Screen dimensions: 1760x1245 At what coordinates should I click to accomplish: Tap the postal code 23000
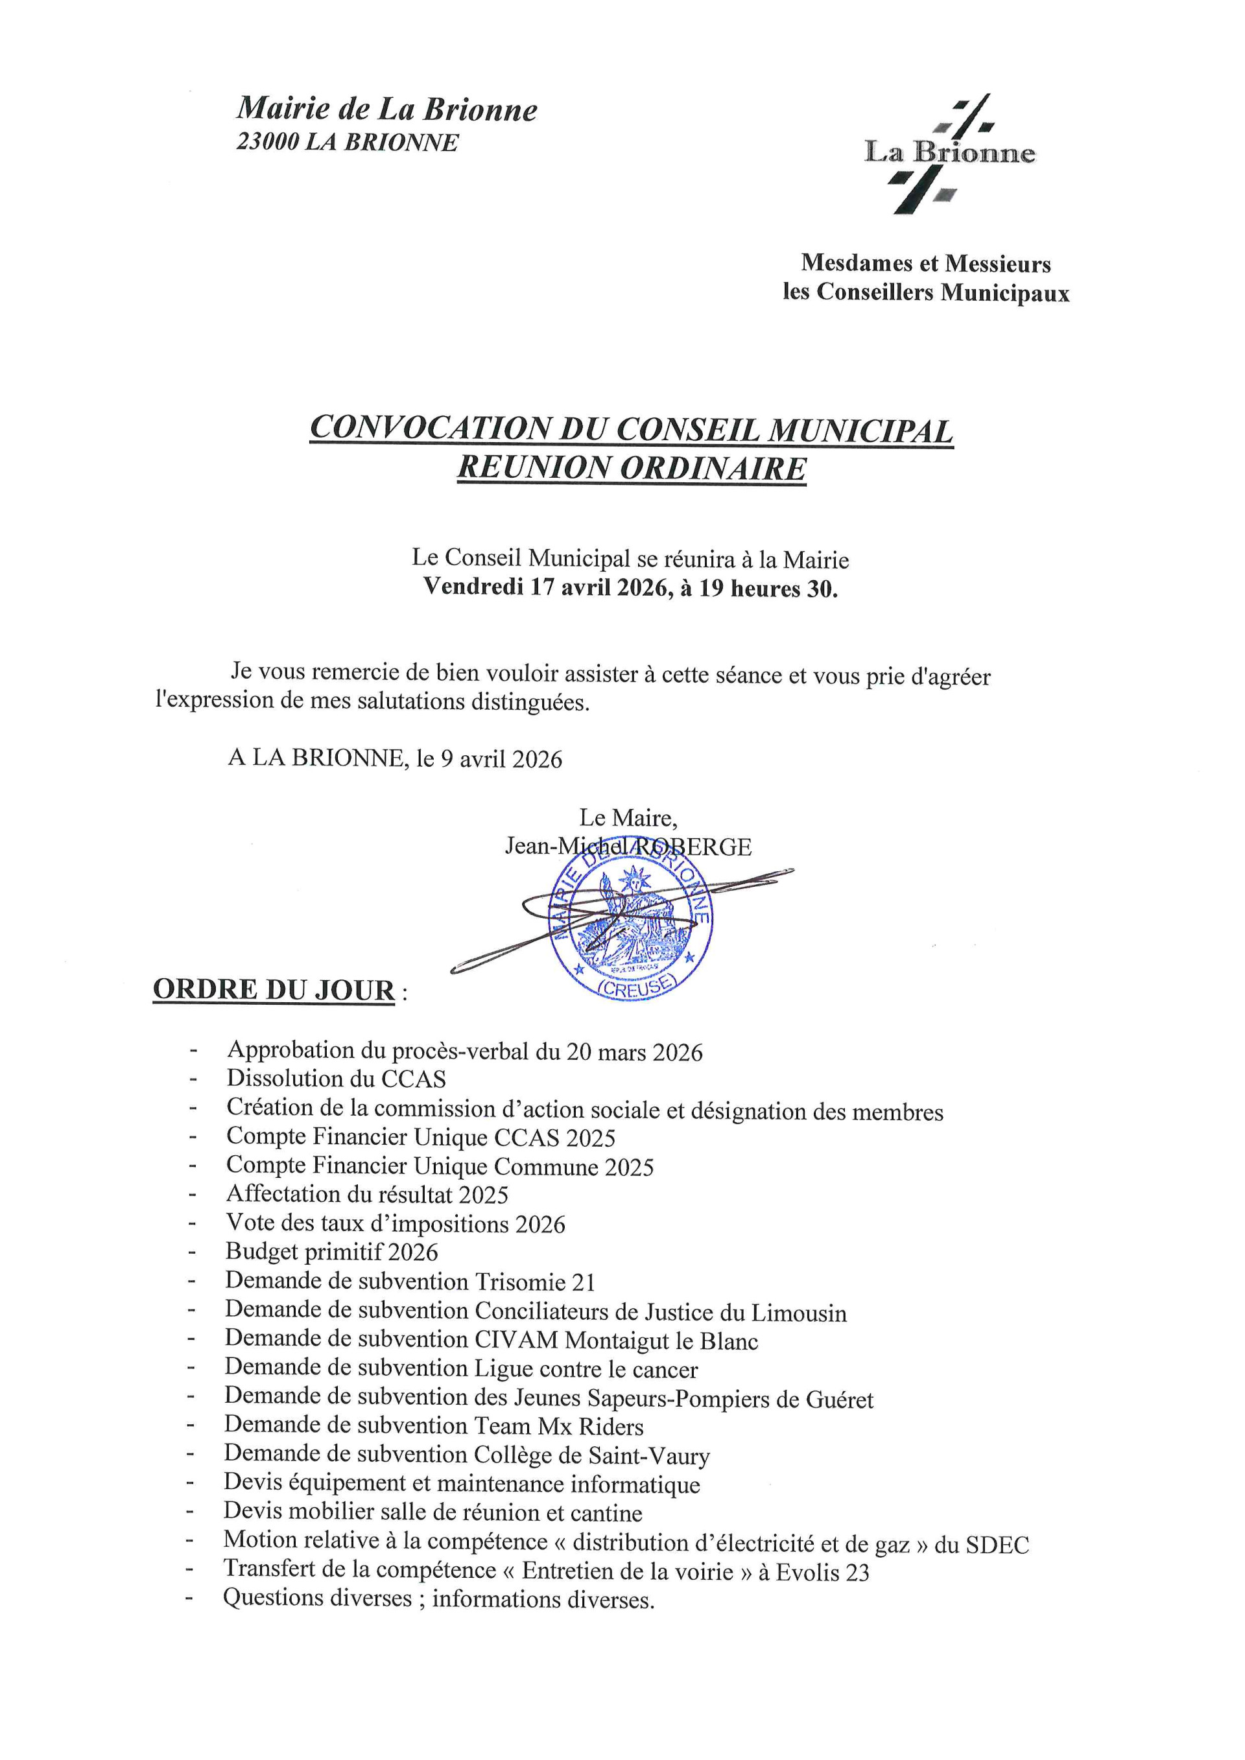coord(267,143)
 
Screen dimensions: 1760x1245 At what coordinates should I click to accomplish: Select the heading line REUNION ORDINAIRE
coord(632,469)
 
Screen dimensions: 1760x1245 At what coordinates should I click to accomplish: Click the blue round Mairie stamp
coord(630,924)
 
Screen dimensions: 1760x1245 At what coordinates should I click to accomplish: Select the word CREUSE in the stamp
coord(636,987)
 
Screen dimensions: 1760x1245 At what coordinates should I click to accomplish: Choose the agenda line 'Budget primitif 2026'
coord(331,1252)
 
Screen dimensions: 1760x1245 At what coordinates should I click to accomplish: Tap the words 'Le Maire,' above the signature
coord(627,818)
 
